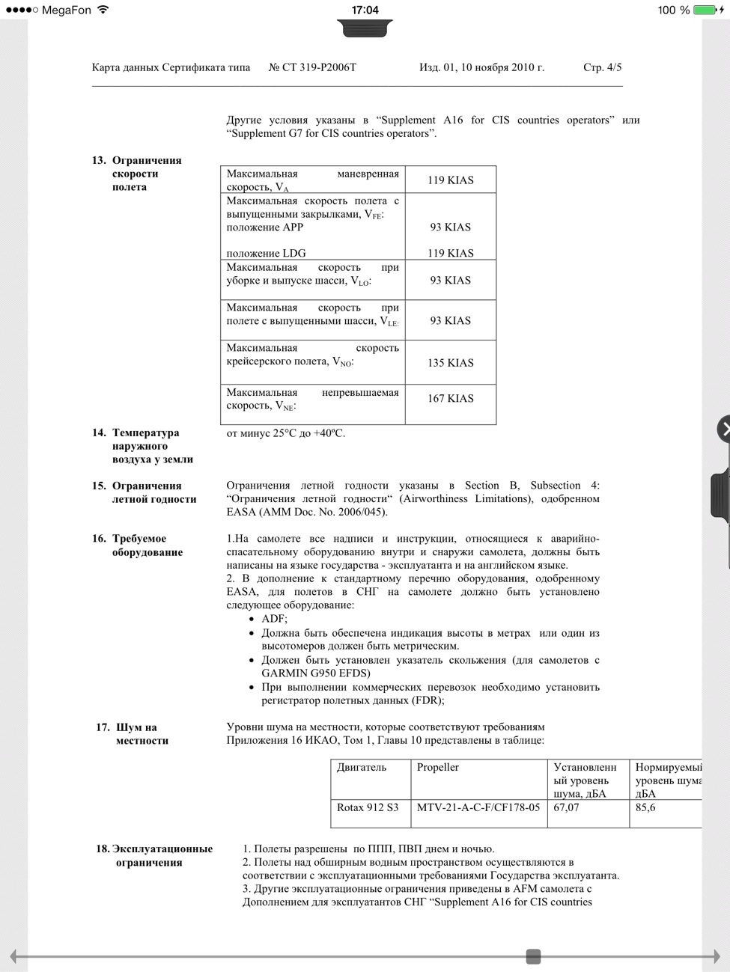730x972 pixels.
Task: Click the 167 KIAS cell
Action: [450, 399]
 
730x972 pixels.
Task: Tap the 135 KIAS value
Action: [450, 363]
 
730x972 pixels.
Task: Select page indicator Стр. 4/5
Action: [602, 67]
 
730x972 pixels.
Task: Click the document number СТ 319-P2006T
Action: [312, 67]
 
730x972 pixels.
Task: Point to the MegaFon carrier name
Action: [67, 10]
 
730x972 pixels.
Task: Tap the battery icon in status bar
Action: [705, 10]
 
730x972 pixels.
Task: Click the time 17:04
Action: [365, 10]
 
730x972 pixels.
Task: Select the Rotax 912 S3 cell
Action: [368, 808]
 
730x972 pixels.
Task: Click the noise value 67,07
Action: [566, 808]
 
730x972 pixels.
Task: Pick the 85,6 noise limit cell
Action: [645, 808]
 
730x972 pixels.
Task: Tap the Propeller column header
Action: [438, 768]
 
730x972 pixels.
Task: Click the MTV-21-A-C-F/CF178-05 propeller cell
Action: [478, 808]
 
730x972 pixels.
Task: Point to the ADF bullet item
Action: [274, 619]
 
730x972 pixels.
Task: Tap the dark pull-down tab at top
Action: [365, 29]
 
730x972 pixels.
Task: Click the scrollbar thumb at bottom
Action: [533, 956]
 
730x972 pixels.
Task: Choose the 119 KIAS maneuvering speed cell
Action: [450, 180]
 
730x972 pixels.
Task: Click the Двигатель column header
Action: [362, 768]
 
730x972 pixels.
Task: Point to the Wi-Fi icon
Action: [103, 10]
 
